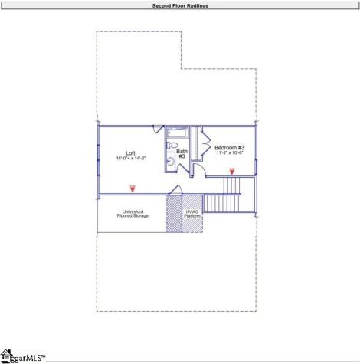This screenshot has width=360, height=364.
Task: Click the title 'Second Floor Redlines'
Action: (180, 5)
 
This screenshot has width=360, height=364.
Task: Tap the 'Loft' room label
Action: (130, 152)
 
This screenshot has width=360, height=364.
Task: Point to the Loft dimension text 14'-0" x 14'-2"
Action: (130, 159)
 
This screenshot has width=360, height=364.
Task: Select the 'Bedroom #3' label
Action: (229, 147)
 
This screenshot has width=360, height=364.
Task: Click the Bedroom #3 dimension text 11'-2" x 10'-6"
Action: (229, 153)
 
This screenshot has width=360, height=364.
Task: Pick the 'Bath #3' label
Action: (182, 153)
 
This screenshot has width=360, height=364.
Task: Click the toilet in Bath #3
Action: (172, 146)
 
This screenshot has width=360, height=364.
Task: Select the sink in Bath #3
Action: (169, 162)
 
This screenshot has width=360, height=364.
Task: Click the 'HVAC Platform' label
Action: (193, 214)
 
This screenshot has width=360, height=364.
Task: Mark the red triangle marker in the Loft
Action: (132, 188)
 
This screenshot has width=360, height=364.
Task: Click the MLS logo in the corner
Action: (23, 356)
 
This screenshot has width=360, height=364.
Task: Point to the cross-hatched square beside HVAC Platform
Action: (175, 215)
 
